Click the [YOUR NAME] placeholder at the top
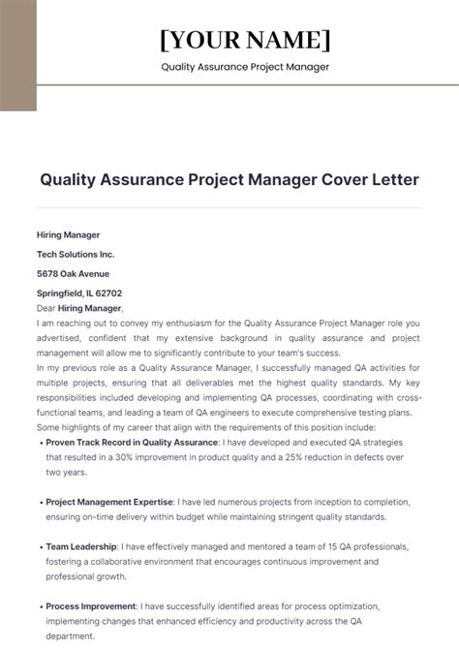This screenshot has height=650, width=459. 245,40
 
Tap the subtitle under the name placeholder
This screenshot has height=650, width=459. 245,67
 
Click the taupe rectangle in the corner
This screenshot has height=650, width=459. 18,55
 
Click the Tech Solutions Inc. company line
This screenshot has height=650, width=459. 76,254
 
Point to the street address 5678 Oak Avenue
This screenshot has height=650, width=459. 74,273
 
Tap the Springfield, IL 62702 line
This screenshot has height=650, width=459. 79,293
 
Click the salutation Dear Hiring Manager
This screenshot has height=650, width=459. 79,308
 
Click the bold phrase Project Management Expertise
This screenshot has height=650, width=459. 109,502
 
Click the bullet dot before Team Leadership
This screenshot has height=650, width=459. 41,546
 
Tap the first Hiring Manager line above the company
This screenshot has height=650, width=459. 68,234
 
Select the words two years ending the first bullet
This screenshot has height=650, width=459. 66,472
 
